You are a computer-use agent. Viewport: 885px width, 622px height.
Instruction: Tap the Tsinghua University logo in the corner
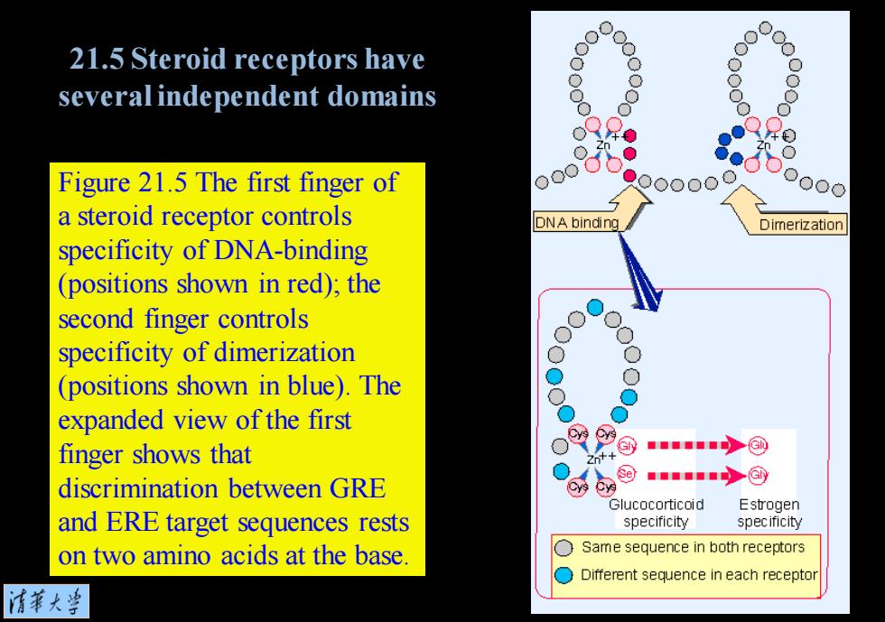click(x=46, y=601)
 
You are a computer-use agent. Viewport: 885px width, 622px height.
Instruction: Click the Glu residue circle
click(x=758, y=446)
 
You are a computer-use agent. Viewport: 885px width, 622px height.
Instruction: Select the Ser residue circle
click(x=626, y=474)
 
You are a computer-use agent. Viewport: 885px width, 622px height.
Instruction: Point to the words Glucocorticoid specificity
click(x=656, y=513)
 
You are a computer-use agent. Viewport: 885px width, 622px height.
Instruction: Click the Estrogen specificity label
click(x=769, y=513)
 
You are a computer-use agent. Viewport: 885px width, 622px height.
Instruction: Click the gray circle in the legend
click(x=564, y=547)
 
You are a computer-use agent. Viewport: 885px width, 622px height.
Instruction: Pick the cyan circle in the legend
click(x=564, y=575)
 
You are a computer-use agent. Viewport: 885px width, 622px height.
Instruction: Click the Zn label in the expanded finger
click(x=593, y=460)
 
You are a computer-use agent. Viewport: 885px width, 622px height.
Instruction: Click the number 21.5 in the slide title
click(x=97, y=59)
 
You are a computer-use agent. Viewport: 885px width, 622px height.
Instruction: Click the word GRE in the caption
click(x=358, y=488)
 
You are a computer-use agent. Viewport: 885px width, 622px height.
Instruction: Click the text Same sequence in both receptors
click(x=694, y=547)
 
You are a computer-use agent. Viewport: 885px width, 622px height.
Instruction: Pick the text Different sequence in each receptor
click(x=699, y=575)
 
